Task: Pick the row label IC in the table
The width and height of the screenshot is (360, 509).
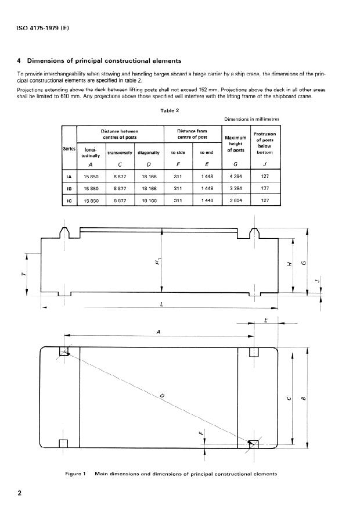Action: click(69, 201)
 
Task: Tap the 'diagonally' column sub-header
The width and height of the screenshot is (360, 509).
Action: click(149, 153)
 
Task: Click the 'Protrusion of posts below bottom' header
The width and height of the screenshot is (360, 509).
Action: click(265, 143)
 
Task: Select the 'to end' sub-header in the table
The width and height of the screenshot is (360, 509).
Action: click(207, 153)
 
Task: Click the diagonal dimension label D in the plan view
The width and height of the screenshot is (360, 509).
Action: click(163, 396)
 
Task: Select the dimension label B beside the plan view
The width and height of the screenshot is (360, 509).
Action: click(304, 397)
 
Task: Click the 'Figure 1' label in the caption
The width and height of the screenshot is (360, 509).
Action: click(76, 474)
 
